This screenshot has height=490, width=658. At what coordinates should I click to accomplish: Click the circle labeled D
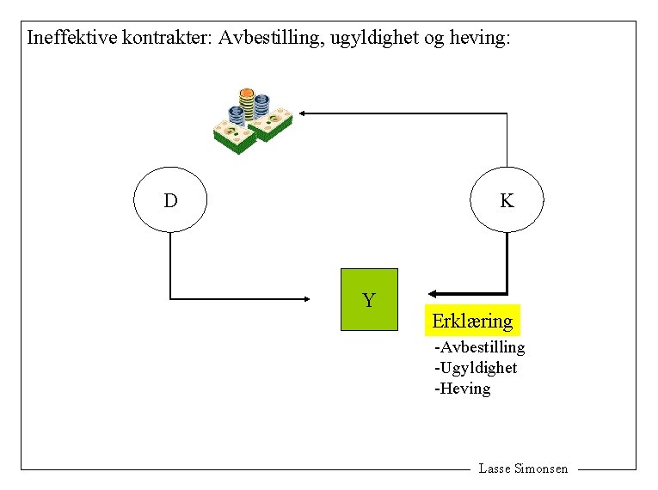[x=170, y=201]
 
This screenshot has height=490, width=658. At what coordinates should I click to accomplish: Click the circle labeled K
[x=507, y=201]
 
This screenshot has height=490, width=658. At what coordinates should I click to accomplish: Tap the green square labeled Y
[x=370, y=299]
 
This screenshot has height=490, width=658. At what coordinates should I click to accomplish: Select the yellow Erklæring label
[x=472, y=321]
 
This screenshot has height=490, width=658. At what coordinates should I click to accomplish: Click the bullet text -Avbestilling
[x=480, y=347]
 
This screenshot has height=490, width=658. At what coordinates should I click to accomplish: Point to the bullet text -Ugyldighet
[x=476, y=368]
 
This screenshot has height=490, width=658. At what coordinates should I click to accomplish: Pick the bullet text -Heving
[x=463, y=389]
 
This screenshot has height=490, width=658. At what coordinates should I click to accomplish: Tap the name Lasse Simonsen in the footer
[x=523, y=469]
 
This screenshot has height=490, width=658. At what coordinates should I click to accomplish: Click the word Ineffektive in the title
[x=71, y=38]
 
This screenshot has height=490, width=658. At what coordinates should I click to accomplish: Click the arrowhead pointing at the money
[x=304, y=113]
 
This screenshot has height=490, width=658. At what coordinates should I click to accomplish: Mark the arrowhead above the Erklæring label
[x=434, y=293]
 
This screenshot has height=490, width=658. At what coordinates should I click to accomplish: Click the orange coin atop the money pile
[x=247, y=93]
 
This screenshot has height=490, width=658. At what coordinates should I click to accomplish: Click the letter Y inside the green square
[x=369, y=301]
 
